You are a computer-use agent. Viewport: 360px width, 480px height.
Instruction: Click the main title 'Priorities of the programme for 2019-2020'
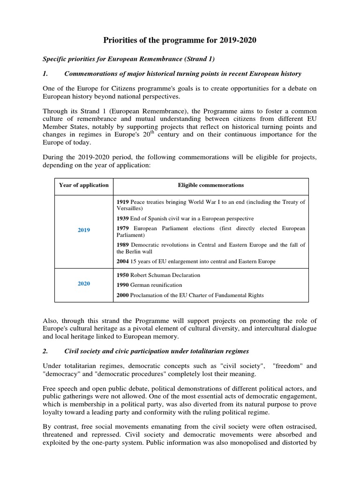[180, 41]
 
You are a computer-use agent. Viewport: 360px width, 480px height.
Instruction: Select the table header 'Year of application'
[84, 185]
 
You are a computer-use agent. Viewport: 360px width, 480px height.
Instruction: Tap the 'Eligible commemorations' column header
[211, 185]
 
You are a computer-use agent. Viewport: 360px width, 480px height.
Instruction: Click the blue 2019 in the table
[84, 230]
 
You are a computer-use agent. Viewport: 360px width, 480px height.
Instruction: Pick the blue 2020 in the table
[84, 284]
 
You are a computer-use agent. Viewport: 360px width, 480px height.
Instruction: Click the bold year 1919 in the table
[123, 202]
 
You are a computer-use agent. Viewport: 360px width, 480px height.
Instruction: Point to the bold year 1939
[123, 218]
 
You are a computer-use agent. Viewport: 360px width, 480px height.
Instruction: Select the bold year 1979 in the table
[123, 228]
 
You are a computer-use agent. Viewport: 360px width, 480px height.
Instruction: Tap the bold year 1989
[123, 245]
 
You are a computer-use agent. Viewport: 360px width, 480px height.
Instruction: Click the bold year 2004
[123, 261]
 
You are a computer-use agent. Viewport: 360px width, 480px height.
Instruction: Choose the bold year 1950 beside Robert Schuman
[123, 275]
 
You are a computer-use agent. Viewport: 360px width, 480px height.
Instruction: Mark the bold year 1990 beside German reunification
[123, 285]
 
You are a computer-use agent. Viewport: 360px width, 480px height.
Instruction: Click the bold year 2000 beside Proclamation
[123, 295]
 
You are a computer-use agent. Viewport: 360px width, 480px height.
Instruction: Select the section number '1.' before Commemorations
[45, 74]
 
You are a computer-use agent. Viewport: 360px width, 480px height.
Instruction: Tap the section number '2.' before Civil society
[45, 352]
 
